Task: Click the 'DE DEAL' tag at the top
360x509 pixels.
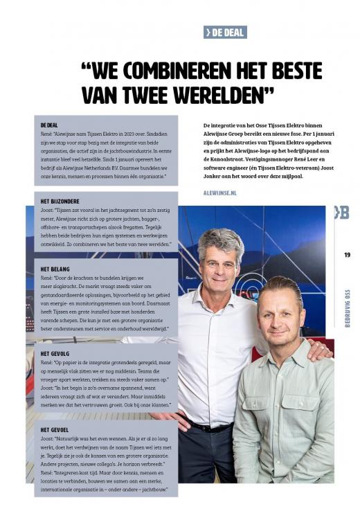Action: point(225,32)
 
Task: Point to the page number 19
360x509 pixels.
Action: point(347,255)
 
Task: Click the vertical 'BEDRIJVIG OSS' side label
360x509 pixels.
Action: point(347,305)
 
